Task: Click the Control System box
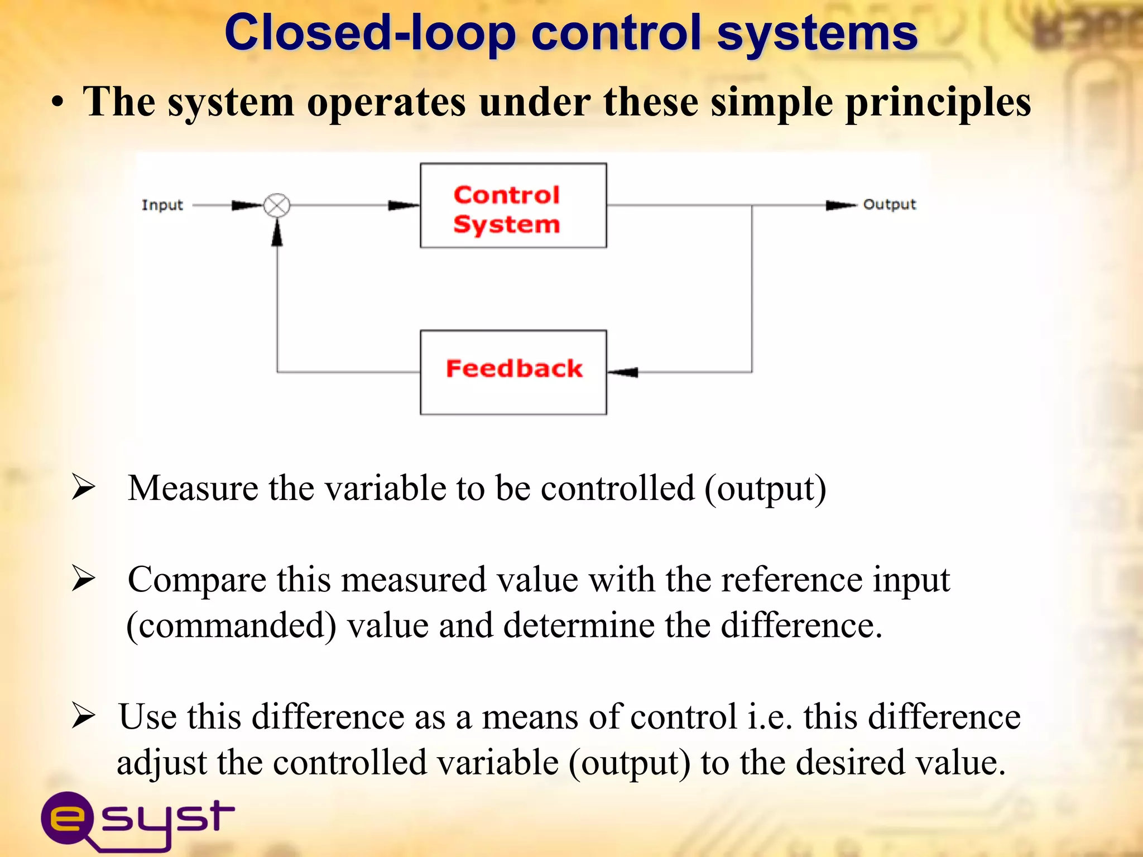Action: point(513,205)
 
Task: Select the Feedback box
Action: point(513,372)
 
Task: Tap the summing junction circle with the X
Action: point(277,205)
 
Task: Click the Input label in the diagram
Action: point(162,205)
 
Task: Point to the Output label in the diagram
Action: point(889,204)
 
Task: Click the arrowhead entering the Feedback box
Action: point(624,372)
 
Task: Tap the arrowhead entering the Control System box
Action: point(404,205)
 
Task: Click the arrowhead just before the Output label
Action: point(840,205)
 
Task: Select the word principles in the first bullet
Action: point(938,103)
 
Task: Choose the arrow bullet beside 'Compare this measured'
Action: point(84,578)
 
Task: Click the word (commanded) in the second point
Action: point(232,625)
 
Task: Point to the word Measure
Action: point(193,488)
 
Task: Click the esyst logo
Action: point(137,819)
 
